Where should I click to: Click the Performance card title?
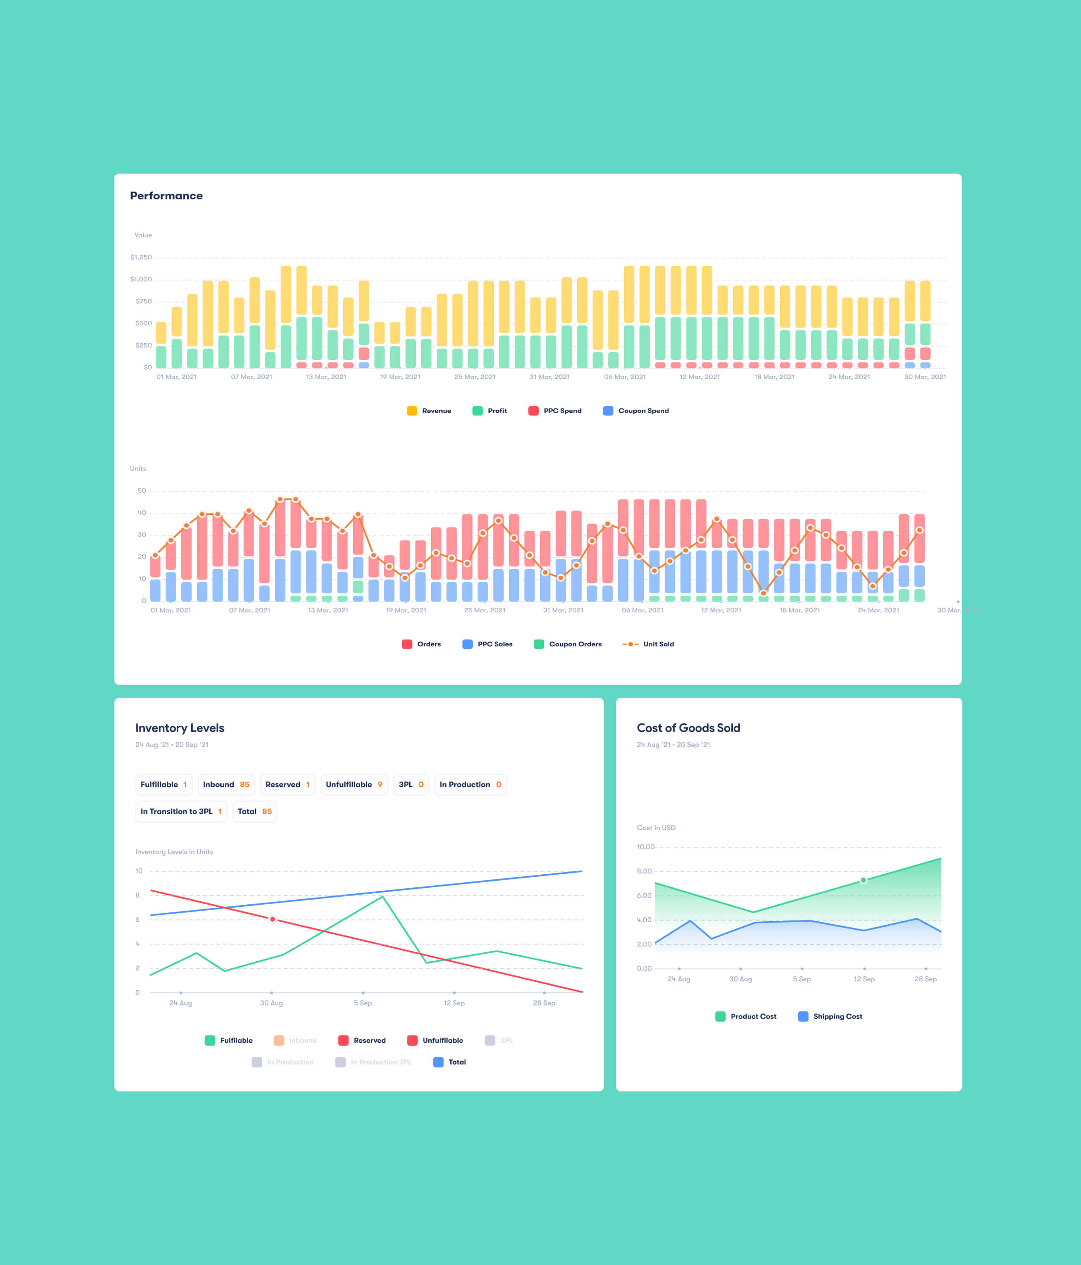click(x=166, y=195)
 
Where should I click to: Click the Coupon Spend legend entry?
click(x=636, y=411)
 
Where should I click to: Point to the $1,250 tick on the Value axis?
click(x=141, y=257)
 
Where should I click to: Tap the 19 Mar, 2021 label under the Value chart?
click(x=400, y=377)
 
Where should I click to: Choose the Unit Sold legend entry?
click(x=649, y=644)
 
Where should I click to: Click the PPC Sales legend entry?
click(x=488, y=644)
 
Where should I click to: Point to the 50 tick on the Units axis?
click(x=141, y=490)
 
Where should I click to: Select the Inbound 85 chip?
click(x=226, y=784)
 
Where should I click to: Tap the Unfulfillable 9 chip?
click(x=354, y=784)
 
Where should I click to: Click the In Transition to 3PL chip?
click(x=181, y=812)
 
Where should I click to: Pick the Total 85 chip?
click(x=255, y=812)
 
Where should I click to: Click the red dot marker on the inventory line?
click(x=272, y=919)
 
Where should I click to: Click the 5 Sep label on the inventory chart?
click(x=363, y=1003)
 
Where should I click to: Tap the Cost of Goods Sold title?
click(x=688, y=728)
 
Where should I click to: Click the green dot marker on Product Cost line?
click(x=863, y=880)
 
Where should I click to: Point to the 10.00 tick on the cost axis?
click(x=645, y=847)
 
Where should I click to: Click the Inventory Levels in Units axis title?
click(x=174, y=852)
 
